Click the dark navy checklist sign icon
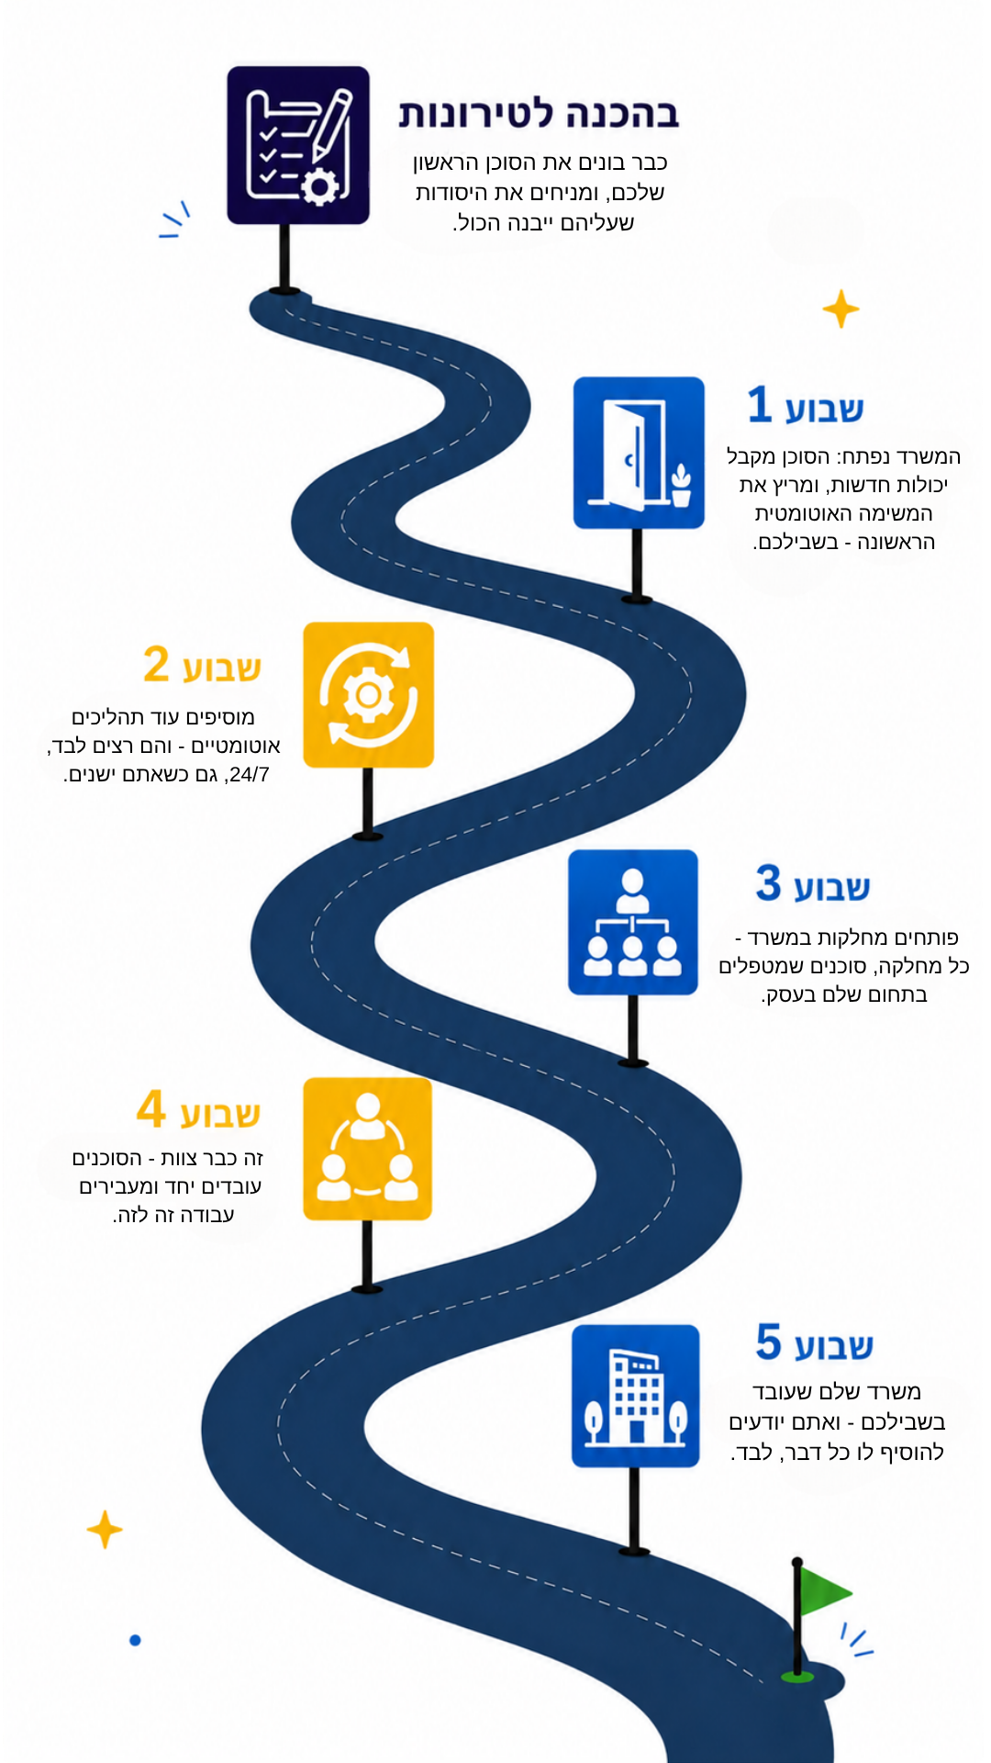[298, 145]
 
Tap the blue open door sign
[639, 453]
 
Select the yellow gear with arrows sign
[368, 694]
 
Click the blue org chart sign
[633, 922]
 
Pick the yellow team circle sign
[367, 1149]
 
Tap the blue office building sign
[636, 1396]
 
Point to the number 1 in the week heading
[759, 404]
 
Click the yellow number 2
[157, 664]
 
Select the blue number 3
[769, 882]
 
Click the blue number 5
[769, 1342]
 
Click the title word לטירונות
[476, 113]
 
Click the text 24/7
[250, 774]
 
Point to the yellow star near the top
[841, 309]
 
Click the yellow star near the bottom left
[105, 1529]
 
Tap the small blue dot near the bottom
[135, 1640]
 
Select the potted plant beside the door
[681, 485]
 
